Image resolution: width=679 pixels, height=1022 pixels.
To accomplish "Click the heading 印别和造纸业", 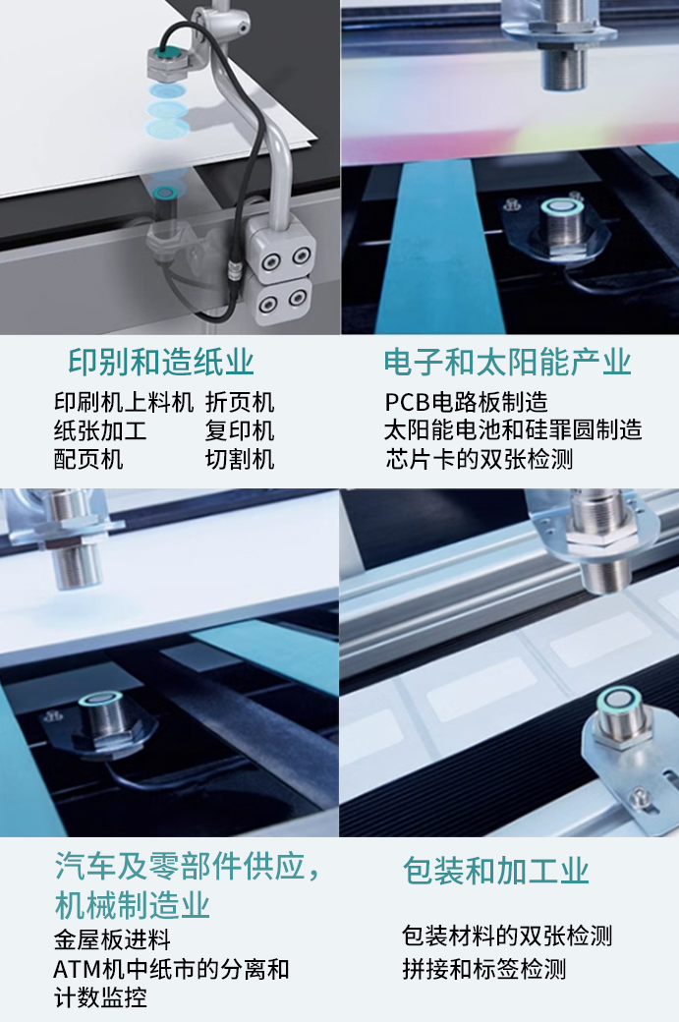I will click(x=161, y=363).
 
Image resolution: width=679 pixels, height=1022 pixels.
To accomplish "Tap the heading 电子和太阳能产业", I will click(x=507, y=363).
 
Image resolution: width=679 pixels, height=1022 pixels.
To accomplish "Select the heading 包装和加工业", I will click(x=495, y=871).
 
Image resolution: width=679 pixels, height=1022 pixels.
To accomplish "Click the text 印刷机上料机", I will click(x=124, y=403).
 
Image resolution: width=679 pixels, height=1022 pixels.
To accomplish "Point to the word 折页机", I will click(x=240, y=403).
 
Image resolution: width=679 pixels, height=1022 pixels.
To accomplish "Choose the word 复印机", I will click(x=240, y=431).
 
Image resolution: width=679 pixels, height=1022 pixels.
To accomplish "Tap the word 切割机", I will click(x=240, y=459).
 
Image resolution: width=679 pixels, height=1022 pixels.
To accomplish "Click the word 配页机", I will click(x=88, y=459).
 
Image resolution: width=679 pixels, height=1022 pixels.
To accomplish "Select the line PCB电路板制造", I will click(x=466, y=403).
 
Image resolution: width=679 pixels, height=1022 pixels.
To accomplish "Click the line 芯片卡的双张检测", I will click(x=479, y=459).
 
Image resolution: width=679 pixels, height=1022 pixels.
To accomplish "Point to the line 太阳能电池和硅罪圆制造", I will click(x=513, y=431).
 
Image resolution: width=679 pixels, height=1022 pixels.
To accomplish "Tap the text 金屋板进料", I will click(x=112, y=940).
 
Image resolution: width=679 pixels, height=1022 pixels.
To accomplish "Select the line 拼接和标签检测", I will click(x=483, y=969).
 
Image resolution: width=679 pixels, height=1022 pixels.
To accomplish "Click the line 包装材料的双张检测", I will click(x=507, y=936).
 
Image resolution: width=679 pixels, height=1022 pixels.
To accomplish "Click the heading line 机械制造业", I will click(x=132, y=905).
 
